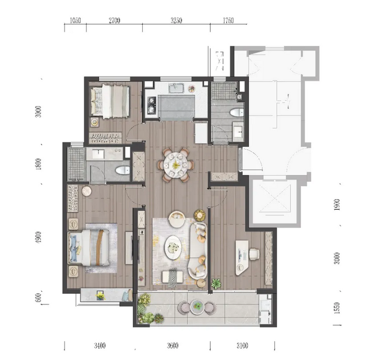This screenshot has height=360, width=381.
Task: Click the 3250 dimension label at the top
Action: tap(176, 20)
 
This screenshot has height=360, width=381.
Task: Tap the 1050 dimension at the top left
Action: tap(75, 20)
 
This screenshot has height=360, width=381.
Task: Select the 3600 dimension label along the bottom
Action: tap(173, 345)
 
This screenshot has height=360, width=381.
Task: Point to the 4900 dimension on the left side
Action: tap(38, 237)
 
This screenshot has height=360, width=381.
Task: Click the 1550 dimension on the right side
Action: tap(337, 308)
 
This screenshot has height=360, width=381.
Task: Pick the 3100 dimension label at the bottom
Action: tap(242, 345)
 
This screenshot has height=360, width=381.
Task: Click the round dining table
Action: tap(176, 165)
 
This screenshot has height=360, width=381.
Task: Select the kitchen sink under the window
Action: tap(176, 88)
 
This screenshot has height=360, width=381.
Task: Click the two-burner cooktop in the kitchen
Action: tap(152, 105)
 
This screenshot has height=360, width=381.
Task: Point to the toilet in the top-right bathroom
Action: tap(237, 112)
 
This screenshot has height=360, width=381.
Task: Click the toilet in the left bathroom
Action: tap(123, 170)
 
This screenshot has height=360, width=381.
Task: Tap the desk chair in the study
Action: tap(254, 254)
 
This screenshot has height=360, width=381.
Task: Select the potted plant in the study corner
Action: tap(216, 283)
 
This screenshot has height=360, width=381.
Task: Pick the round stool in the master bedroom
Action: tap(87, 191)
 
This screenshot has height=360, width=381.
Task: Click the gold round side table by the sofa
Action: tap(199, 215)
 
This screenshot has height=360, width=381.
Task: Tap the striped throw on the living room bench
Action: tap(173, 277)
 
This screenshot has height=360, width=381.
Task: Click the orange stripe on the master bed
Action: tap(99, 247)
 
